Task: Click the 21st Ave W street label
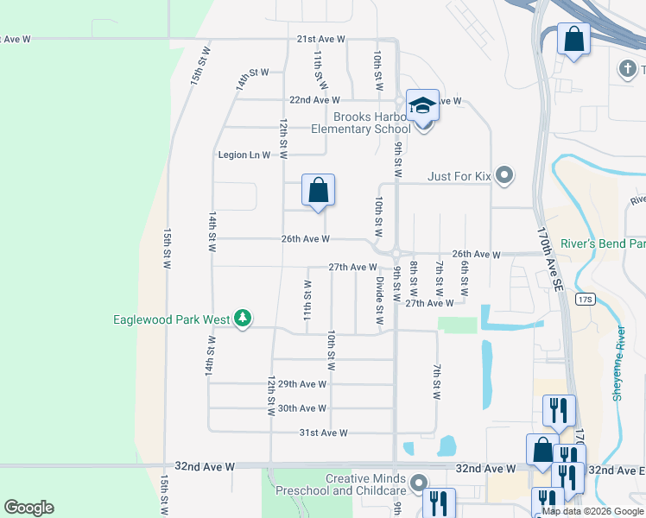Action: tap(320, 40)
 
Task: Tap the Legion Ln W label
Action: tap(244, 155)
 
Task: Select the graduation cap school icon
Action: tap(422, 105)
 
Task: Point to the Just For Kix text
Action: tap(459, 177)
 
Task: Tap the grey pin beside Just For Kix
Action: tap(505, 176)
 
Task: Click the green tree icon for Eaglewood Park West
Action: tap(244, 319)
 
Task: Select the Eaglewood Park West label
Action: tap(172, 319)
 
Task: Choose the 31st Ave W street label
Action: tap(323, 433)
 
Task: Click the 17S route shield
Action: tap(586, 300)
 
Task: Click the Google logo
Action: tap(28, 508)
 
